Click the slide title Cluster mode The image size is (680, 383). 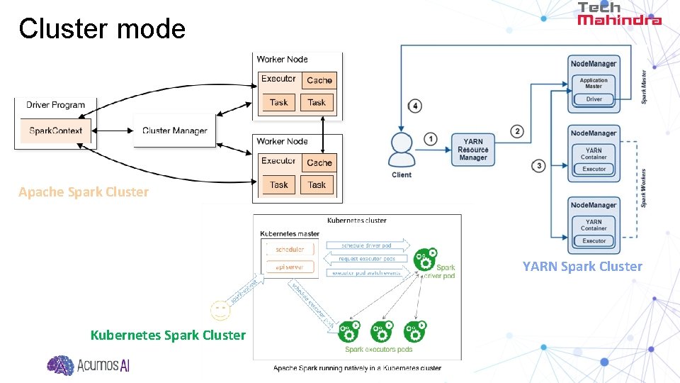102,29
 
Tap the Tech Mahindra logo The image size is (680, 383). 618,13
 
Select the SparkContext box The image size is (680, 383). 56,131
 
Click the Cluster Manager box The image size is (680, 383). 174,131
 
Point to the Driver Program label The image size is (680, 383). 55,105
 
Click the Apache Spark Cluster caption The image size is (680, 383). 84,192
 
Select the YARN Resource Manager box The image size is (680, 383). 473,150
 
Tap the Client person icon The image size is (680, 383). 401,150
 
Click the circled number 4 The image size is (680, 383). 415,106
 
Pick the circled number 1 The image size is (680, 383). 431,139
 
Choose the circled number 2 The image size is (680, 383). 518,131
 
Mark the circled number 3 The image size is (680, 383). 539,166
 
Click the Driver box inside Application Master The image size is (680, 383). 594,99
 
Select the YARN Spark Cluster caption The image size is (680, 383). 582,267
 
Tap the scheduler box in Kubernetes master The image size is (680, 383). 289,249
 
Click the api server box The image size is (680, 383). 289,267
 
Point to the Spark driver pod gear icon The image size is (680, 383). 425,259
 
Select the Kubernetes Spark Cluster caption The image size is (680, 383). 168,335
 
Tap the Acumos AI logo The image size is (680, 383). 89,365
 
